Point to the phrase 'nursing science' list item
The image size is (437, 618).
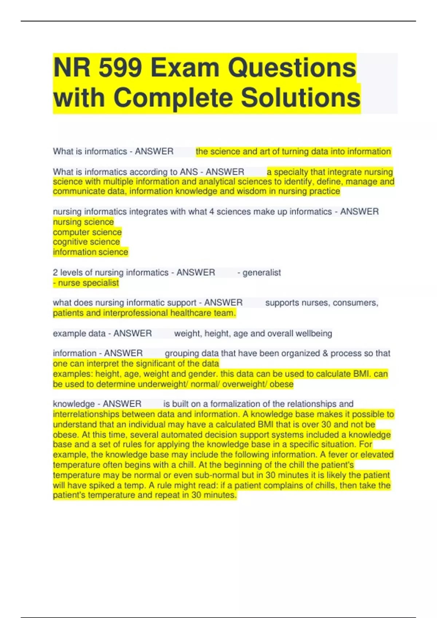pos(83,222)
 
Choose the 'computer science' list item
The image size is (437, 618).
pos(87,232)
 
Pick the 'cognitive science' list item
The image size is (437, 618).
pos(86,242)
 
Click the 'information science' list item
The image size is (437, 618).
pos(90,252)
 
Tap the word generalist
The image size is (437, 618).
pos(261,273)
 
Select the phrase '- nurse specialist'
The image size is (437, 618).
pos(86,283)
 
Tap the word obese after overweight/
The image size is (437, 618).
pos(282,384)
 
